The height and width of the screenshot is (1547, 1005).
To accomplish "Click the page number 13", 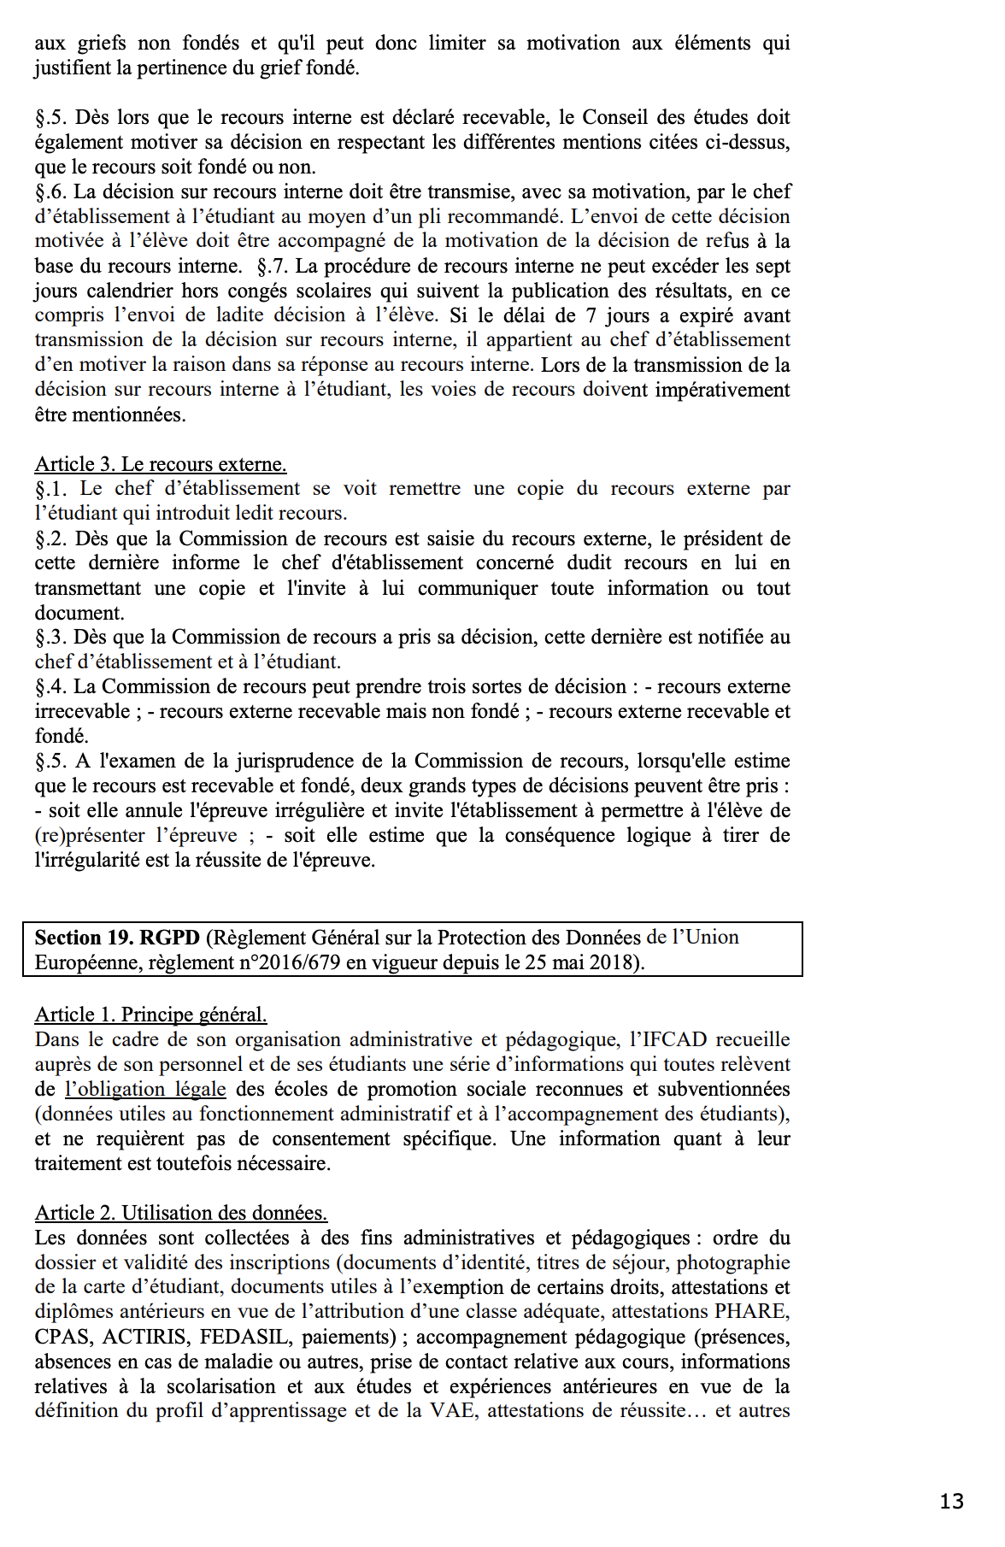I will coord(951,1502).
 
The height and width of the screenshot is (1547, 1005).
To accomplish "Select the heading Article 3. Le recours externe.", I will coord(161,464).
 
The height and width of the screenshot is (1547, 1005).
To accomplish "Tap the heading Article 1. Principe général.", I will coord(150,1015).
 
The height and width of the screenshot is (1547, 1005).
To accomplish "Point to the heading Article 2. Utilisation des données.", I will coord(181,1213).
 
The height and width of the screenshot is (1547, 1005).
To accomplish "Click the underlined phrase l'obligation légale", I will coord(145,1089).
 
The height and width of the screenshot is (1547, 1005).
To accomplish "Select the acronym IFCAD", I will coord(668,1039).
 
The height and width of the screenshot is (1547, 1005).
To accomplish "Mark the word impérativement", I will coord(722,390).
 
